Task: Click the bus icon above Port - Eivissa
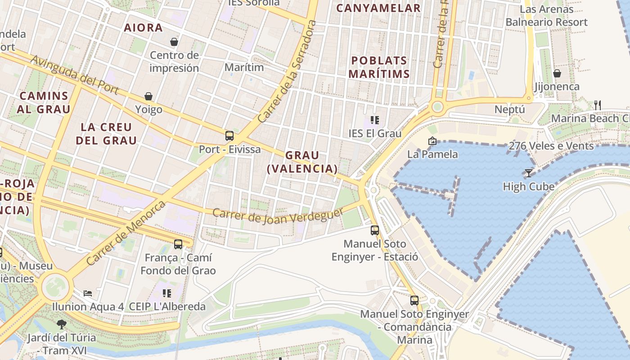point(229,135)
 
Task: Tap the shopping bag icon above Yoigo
point(148,96)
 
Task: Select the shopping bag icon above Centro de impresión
point(174,42)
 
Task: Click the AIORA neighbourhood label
point(144,28)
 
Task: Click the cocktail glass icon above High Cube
point(529,173)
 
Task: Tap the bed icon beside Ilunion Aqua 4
point(88,293)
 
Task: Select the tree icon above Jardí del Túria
point(61,324)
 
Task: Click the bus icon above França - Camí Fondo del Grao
point(178,244)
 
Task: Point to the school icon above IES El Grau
point(375,120)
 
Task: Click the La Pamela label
point(432,154)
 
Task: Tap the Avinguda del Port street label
point(75,76)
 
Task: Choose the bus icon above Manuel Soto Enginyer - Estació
point(375,230)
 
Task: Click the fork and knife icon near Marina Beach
point(598,105)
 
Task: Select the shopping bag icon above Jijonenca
point(557,73)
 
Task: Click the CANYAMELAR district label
point(378,8)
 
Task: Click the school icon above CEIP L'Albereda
point(167,293)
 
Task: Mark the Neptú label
point(510,109)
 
